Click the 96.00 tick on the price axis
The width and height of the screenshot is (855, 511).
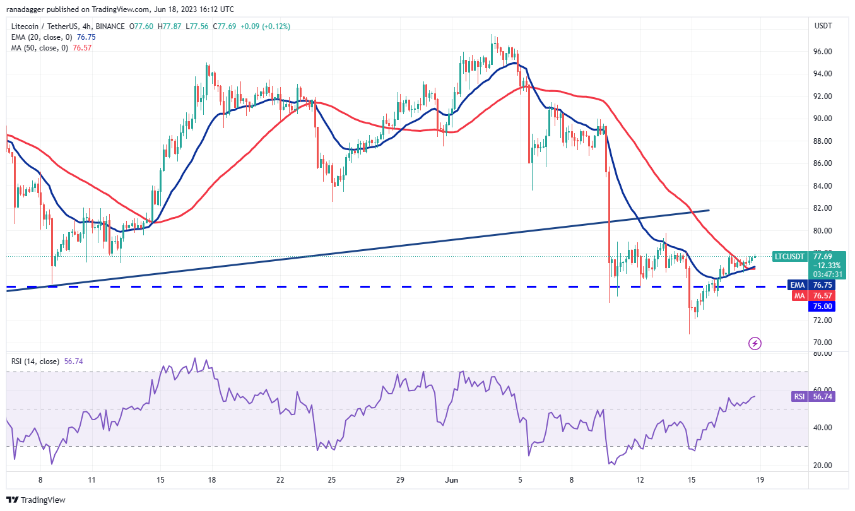[822, 52]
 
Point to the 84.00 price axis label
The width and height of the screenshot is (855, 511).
[822, 186]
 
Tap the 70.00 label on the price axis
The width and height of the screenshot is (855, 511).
[822, 343]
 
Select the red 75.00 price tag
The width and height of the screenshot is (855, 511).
[823, 307]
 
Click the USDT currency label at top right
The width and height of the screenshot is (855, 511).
[823, 26]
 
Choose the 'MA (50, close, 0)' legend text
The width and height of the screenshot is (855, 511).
[38, 48]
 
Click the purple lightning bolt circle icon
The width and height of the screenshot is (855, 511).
[755, 343]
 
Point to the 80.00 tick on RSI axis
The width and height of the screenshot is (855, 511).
[822, 353]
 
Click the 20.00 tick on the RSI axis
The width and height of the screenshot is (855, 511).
[822, 466]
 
